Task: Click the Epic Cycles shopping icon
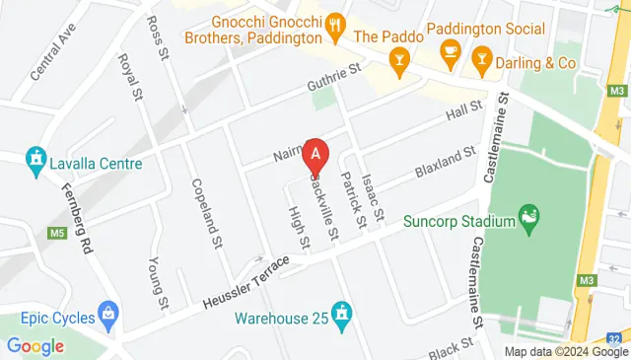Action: point(108,318)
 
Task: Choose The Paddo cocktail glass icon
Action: point(400,64)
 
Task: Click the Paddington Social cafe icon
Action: point(452,49)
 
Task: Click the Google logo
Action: point(35,345)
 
